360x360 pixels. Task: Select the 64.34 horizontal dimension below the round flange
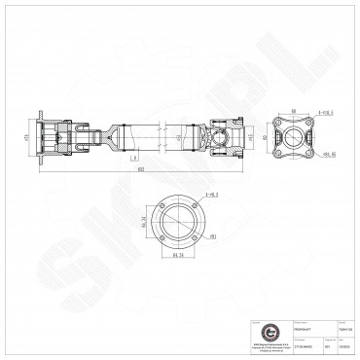178,257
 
